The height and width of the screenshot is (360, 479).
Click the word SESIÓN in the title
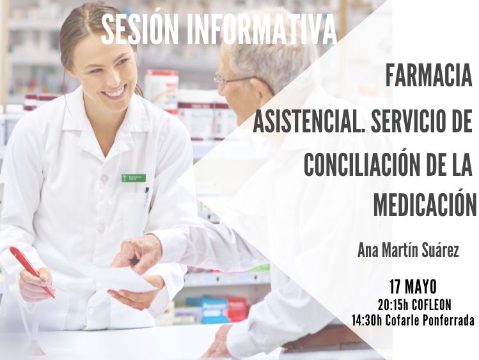coord(139,29)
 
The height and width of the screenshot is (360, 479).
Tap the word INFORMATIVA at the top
coord(262,29)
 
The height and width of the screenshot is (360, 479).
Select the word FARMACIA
coord(429,76)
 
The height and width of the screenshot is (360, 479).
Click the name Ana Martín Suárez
coord(408,251)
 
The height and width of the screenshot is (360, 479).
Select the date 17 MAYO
coord(413,286)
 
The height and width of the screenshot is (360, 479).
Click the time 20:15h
coord(393,305)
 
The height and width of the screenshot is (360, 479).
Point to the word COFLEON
coord(431,305)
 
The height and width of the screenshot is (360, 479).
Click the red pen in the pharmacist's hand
coord(32,272)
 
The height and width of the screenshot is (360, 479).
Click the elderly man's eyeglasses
coord(232,80)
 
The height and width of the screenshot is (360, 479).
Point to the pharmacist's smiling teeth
coord(116,91)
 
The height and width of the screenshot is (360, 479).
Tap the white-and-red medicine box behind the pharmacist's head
coord(161,87)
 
